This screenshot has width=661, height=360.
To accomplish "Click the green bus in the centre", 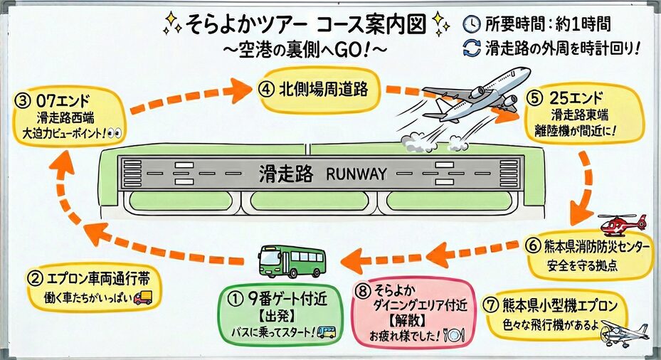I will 292,260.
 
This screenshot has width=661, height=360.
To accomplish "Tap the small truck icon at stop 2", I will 142,298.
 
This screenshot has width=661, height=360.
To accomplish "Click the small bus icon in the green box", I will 327,332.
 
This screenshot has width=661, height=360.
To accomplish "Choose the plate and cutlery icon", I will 454,334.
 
